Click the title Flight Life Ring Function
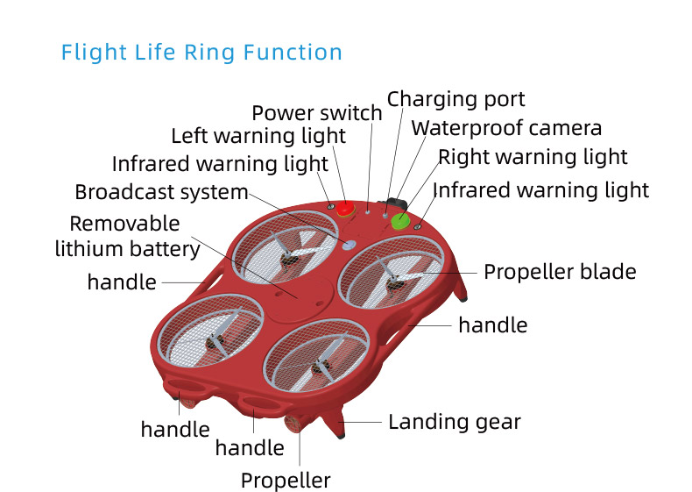pyautogui.click(x=201, y=52)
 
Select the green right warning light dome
pyautogui.click(x=401, y=220)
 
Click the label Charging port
pyautogui.click(x=455, y=99)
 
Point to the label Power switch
pyautogui.click(x=316, y=113)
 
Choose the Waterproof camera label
pyautogui.click(x=506, y=128)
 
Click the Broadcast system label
pyautogui.click(x=161, y=192)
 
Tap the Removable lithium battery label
pyautogui.click(x=128, y=236)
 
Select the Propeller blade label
pyautogui.click(x=560, y=272)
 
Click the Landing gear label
pyautogui.click(x=455, y=422)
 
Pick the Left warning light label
pyautogui.click(x=258, y=136)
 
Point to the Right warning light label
pyautogui.click(x=533, y=158)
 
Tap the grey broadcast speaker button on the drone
pyautogui.click(x=350, y=246)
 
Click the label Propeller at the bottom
pyautogui.click(x=286, y=481)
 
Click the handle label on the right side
pyautogui.click(x=493, y=325)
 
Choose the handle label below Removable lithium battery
pyautogui.click(x=122, y=282)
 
